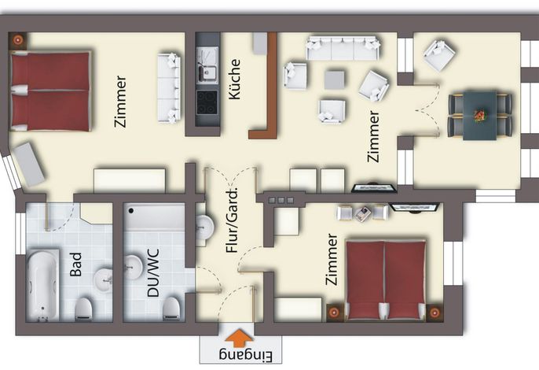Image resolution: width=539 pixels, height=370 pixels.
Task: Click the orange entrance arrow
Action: pos(239,338)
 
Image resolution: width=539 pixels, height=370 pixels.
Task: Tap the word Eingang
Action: pos(246,356)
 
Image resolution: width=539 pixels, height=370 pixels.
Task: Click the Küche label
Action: pos(235,80)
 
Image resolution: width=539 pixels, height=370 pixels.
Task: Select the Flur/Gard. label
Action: pos(232,221)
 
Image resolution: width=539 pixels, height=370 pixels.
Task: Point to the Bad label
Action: pos(76,265)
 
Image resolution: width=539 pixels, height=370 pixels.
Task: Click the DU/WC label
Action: pos(153,273)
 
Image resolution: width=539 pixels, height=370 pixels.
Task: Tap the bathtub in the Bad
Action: pos(43,285)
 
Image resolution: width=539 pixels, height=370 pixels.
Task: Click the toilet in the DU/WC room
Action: pos(171,309)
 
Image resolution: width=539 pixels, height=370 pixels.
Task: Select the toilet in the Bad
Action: pos(83,309)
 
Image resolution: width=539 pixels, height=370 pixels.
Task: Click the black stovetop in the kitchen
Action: pos(207,103)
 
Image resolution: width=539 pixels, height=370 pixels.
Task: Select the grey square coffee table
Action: pos(334,80)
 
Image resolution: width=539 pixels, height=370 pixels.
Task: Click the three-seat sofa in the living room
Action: pos(343,48)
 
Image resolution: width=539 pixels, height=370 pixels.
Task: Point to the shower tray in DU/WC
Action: pos(154,217)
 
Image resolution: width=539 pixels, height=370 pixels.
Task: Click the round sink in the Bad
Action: pos(103,278)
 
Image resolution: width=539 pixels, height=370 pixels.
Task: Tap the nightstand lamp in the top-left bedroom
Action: pos(17,40)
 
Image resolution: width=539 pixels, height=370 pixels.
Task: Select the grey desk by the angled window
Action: pos(28,165)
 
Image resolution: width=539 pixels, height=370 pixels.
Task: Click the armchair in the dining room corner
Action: pos(439,55)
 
